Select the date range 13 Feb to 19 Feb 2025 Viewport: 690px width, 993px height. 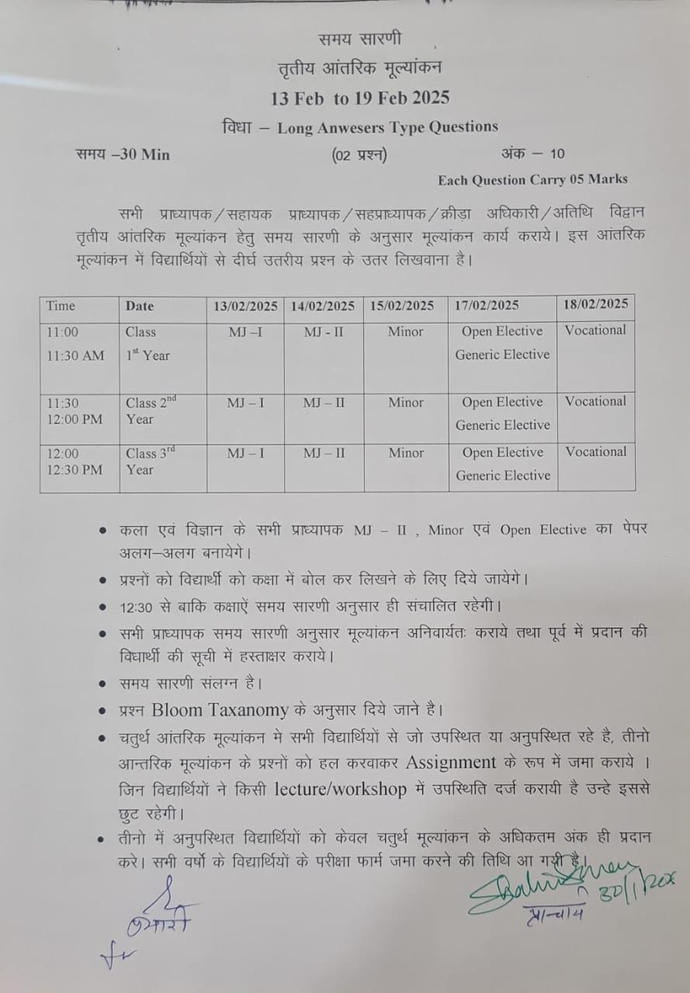coord(360,99)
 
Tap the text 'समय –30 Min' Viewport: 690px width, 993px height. coord(123,154)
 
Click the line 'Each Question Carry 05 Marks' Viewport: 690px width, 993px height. coord(532,180)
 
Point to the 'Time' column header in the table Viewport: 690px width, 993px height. coord(61,306)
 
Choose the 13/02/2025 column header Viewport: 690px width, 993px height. coord(245,306)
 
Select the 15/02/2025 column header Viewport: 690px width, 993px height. coord(406,306)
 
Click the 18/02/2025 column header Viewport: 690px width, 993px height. coord(595,303)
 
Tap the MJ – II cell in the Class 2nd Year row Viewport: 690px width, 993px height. coord(324,403)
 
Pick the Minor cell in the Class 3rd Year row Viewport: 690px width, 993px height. coord(406,453)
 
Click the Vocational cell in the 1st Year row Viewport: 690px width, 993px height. coord(595,330)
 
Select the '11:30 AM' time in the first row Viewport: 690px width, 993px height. coord(75,355)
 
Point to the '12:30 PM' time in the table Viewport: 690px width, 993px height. coord(75,469)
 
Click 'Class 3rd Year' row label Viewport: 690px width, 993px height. coord(151,461)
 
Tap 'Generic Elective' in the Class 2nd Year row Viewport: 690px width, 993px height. coord(502,425)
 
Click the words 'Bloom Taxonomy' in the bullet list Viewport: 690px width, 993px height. coord(220,709)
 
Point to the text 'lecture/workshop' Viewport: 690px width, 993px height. coord(341,789)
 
